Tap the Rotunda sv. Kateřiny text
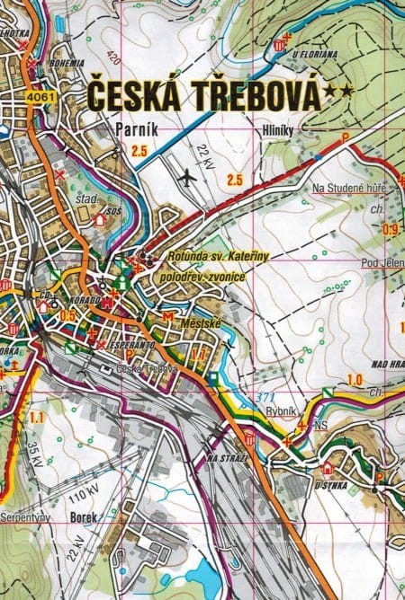(x=218, y=257)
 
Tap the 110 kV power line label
(x=84, y=493)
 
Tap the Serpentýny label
(x=23, y=518)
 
